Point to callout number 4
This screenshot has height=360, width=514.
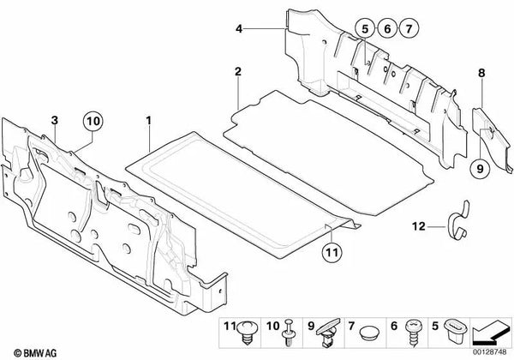coord(241,30)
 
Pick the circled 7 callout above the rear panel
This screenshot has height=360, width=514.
coord(409,32)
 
